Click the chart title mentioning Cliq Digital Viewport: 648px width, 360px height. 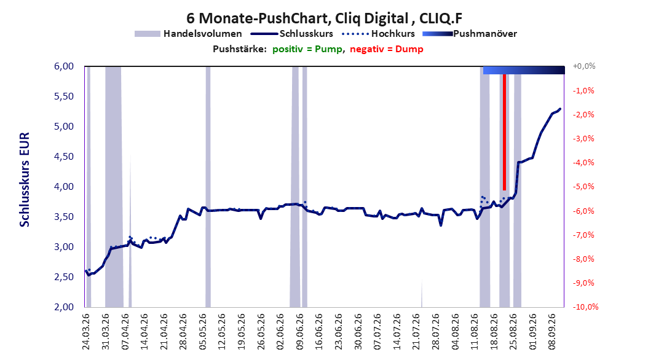click(324, 18)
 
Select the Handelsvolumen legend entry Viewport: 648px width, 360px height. click(188, 34)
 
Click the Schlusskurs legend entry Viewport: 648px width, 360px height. click(292, 34)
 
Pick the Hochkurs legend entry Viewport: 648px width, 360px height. click(378, 34)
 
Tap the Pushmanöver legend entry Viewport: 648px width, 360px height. click(470, 34)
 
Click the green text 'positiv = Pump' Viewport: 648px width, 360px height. click(307, 49)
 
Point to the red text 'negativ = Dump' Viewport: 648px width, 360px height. click(387, 49)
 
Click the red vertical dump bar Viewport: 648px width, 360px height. click(504, 132)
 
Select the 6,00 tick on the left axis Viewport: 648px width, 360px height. click(64, 66)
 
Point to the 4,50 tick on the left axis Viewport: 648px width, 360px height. click(64, 157)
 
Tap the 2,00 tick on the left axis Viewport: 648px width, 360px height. click(64, 307)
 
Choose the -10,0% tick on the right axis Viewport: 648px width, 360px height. click(585, 307)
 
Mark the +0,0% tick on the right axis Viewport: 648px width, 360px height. click(584, 66)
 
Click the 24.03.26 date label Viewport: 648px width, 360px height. click(86, 332)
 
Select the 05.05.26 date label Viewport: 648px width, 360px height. click(203, 332)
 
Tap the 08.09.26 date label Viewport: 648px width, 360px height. click(551, 332)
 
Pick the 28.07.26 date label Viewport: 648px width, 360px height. click(435, 332)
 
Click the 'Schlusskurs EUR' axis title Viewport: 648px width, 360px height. click(25, 179)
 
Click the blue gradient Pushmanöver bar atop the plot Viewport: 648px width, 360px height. click(524, 70)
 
